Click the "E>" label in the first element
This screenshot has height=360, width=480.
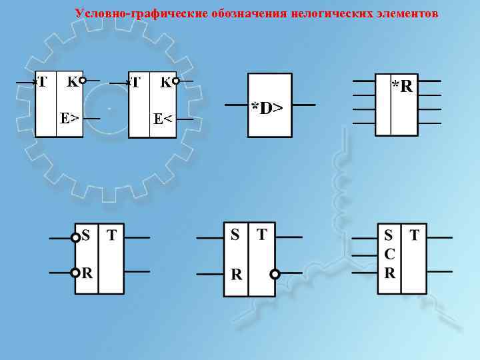click(x=69, y=118)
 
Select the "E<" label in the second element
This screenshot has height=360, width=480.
click(x=163, y=119)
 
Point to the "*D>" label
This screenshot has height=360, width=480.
click(x=267, y=107)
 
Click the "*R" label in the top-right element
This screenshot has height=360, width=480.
click(x=402, y=85)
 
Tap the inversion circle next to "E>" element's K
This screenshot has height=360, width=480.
click(x=82, y=81)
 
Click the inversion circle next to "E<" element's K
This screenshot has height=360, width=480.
click(x=175, y=81)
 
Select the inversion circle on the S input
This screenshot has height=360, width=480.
click(x=75, y=237)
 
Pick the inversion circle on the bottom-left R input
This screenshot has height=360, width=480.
click(x=75, y=272)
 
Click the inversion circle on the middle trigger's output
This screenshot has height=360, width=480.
click(x=274, y=273)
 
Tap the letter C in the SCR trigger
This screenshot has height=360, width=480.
click(x=389, y=254)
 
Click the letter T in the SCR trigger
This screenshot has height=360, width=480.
click(x=415, y=235)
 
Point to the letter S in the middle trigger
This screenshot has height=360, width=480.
click(x=235, y=235)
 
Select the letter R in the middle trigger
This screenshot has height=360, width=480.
click(x=235, y=274)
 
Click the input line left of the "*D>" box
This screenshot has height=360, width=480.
click(x=237, y=105)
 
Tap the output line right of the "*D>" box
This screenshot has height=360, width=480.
click(x=303, y=105)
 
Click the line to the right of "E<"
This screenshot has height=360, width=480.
click(x=185, y=119)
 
